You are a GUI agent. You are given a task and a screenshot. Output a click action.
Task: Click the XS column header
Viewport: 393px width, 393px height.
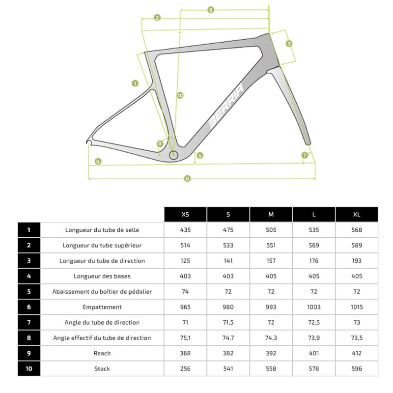pos(185,214)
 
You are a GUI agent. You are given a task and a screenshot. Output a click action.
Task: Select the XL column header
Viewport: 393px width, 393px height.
pos(357,214)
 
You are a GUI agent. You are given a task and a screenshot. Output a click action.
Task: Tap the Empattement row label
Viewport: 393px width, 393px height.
pos(102,307)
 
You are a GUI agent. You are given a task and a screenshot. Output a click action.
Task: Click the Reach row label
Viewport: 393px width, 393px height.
pos(102,353)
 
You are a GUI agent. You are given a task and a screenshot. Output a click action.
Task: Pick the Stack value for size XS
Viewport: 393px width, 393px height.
pos(185,368)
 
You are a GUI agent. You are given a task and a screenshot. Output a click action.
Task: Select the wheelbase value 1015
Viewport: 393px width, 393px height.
pos(357,307)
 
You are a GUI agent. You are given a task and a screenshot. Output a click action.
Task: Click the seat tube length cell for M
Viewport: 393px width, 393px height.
pos(271,229)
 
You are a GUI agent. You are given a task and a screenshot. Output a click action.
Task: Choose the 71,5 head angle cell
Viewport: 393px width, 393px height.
pos(228,322)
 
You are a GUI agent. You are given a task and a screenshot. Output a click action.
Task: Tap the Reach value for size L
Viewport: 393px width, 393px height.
pos(314,353)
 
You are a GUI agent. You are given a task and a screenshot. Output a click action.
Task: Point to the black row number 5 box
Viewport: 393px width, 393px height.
pos(29,291)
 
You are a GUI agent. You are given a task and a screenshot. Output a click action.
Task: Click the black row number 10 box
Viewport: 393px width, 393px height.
pos(29,368)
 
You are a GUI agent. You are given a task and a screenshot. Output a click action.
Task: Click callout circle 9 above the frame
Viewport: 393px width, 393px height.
pos(211,10)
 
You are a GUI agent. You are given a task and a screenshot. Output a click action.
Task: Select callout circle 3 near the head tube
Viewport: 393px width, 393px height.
pos(289,43)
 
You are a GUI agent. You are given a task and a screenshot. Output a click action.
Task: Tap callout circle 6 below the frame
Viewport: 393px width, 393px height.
pos(187,178)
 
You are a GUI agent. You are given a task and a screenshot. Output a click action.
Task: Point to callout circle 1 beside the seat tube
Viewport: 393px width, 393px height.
pos(135,84)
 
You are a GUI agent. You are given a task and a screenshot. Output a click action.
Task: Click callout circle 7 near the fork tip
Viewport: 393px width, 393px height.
pos(305,155)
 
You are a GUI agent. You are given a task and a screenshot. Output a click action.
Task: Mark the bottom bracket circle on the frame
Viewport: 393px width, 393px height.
pos(173,155)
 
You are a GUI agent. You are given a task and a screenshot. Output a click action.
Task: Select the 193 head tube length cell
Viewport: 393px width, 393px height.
pos(357,260)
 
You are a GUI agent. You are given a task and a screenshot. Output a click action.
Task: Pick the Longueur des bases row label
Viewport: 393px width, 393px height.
pos(102,276)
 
